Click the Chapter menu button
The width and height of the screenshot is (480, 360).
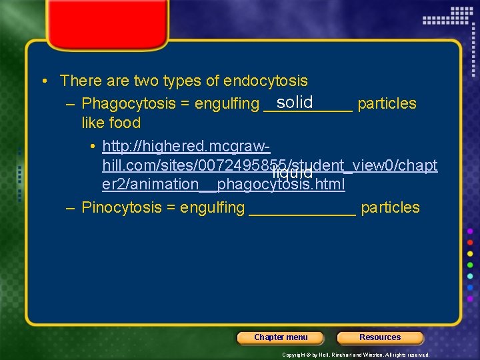tap(280, 337)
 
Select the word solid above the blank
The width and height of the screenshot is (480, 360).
tap(295, 101)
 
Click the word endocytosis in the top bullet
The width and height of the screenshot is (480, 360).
tap(266, 81)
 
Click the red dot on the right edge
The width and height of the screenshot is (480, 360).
tap(470, 243)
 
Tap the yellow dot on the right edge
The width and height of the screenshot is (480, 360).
tap(470, 254)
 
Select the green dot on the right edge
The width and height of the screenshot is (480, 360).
tap(470, 265)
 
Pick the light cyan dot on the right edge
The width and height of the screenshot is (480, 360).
tap(470, 277)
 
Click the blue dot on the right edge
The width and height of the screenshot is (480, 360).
tap(470, 288)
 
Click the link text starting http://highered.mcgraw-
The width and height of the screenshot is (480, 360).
tap(186, 145)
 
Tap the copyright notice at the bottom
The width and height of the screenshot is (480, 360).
tap(356, 355)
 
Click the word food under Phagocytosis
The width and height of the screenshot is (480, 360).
tap(126, 123)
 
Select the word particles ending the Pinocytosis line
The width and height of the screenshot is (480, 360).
tap(390, 207)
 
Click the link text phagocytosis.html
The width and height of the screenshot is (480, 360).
tap(281, 184)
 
